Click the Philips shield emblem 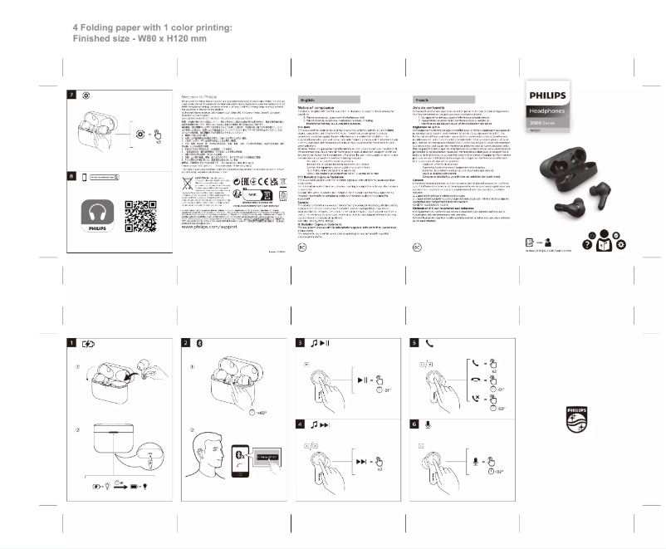coord(575,419)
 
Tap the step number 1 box coord(72,343)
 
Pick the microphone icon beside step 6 coord(428,424)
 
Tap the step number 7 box coord(72,96)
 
